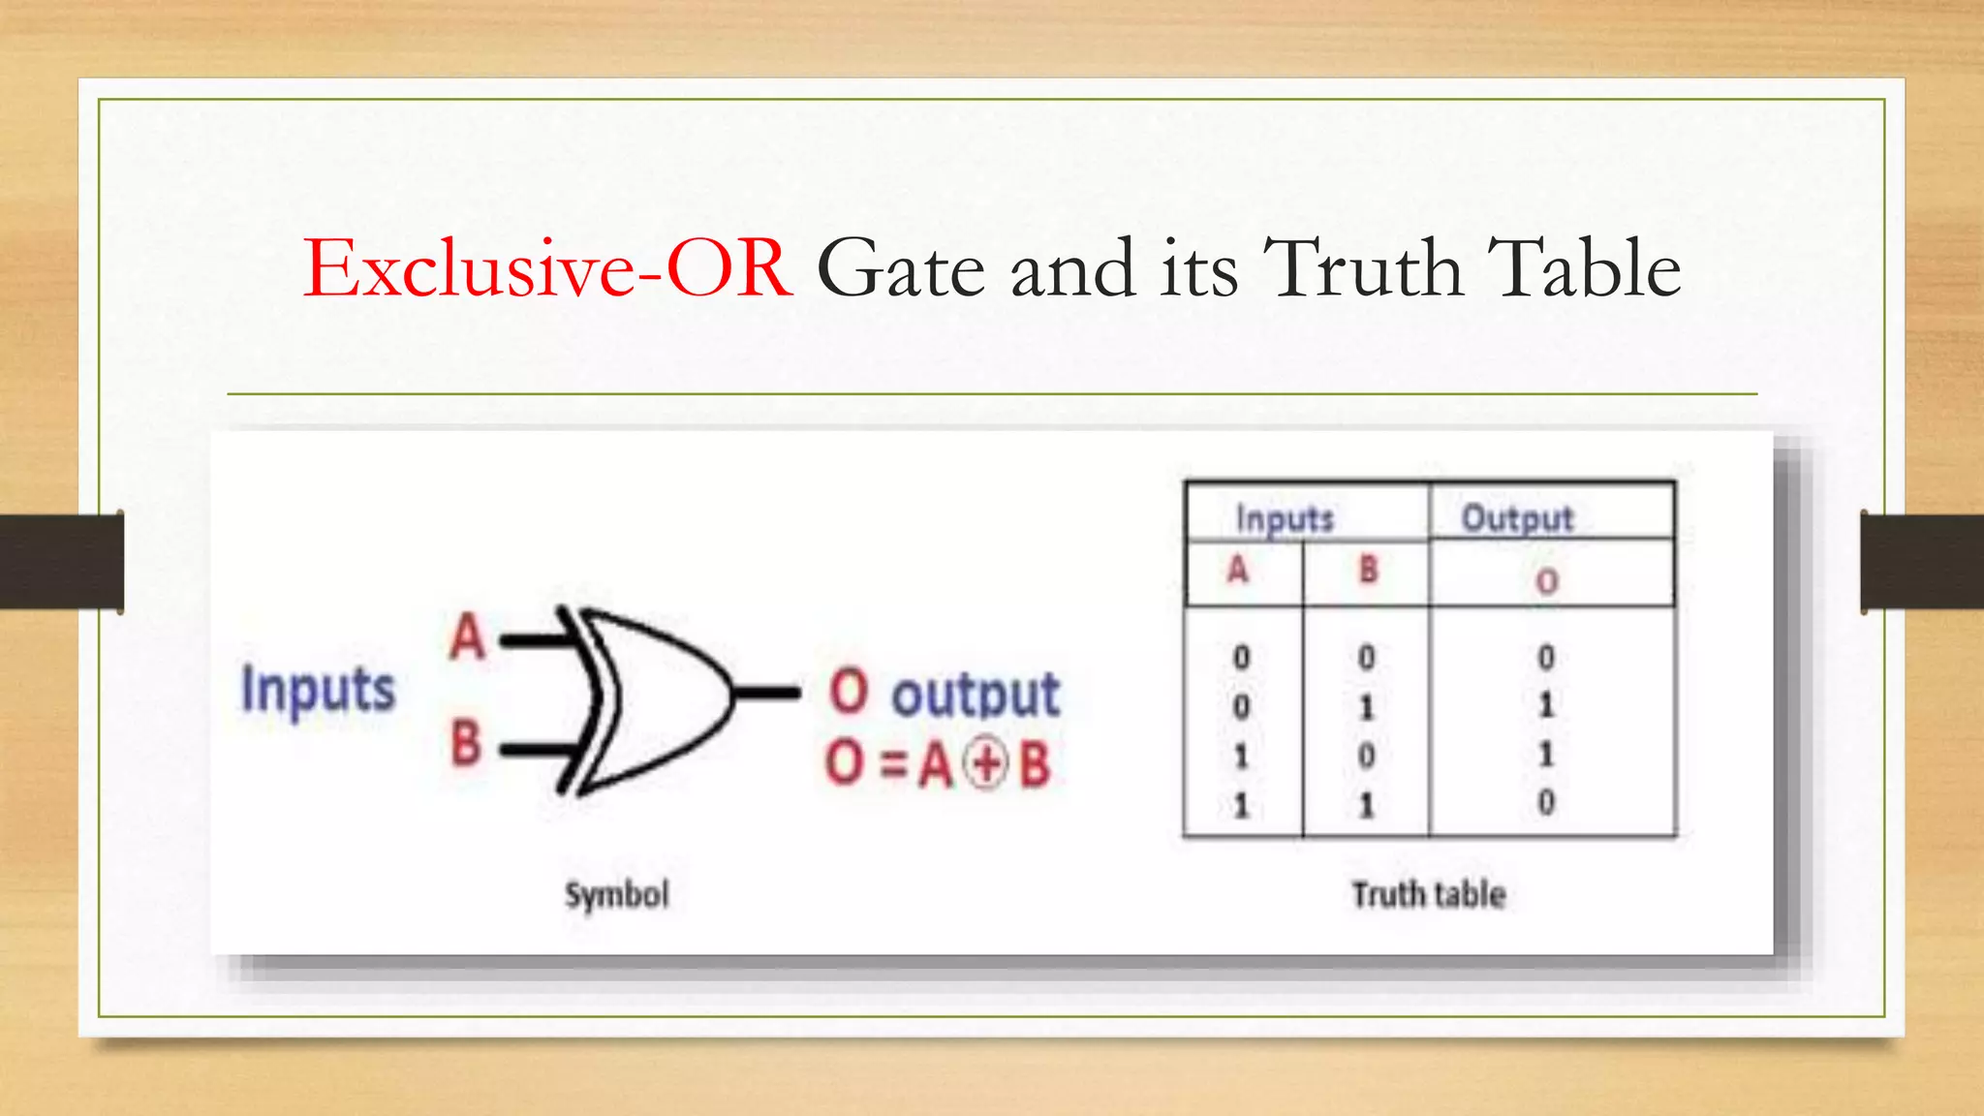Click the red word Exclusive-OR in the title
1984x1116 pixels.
[547, 268]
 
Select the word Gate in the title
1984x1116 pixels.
[901, 268]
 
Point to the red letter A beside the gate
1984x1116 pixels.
[467, 637]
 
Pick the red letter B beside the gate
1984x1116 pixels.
[466, 743]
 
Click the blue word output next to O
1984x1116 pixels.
[976, 695]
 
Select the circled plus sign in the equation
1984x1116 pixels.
[987, 765]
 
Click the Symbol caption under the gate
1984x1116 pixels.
[617, 894]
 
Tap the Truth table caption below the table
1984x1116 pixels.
[1429, 894]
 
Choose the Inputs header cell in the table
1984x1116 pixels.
[1285, 518]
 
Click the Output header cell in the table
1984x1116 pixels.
[1517, 518]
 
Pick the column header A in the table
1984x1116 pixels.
[1238, 570]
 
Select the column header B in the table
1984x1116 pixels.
[1368, 570]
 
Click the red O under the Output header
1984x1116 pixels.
[1547, 581]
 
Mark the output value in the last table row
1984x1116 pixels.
[1546, 802]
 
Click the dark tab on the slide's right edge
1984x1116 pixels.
[1922, 562]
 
